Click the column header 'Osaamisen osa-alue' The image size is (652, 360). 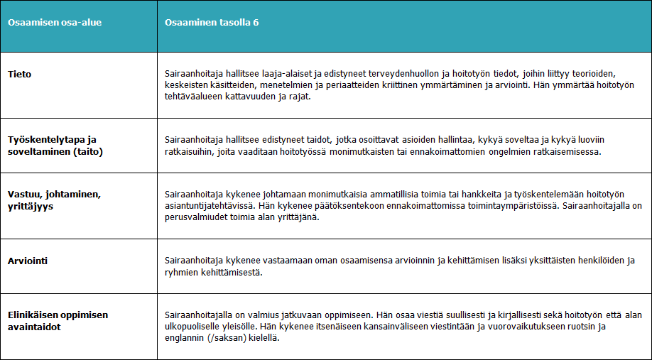[x=55, y=22]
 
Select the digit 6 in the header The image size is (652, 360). [x=255, y=22]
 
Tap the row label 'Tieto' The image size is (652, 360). [x=19, y=74]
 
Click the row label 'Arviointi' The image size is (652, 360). [x=29, y=261]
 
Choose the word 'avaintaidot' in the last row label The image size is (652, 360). [x=33, y=327]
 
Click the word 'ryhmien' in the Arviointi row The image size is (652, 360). [x=180, y=273]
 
